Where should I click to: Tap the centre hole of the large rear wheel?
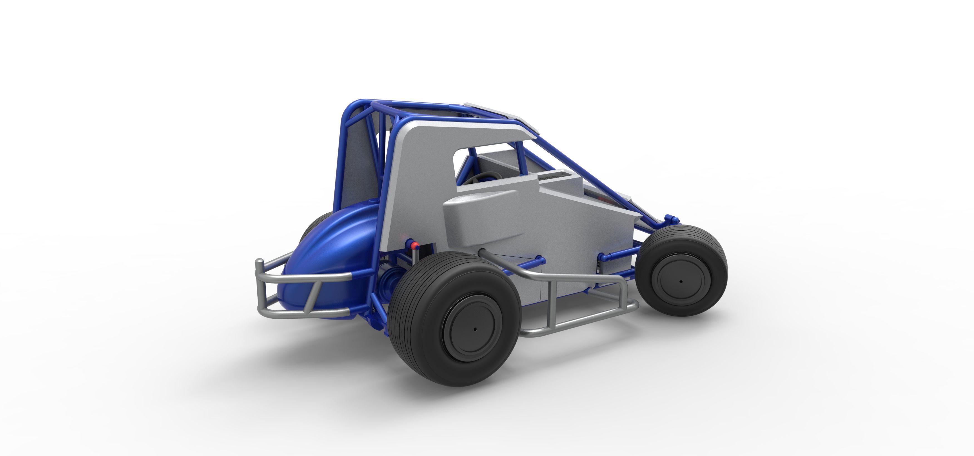tap(475, 329)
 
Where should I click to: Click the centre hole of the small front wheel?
tap(681, 281)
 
